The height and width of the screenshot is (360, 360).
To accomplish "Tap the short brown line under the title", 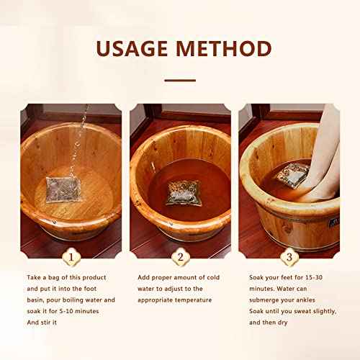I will [x=179, y=81].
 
